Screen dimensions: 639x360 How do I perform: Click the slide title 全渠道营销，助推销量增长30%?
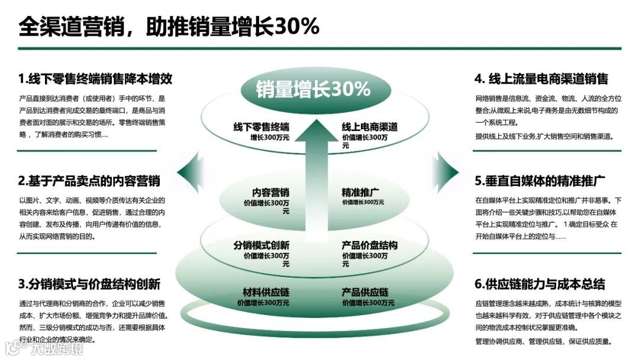coord(169,26)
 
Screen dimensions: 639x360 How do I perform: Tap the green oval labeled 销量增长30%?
coord(313,89)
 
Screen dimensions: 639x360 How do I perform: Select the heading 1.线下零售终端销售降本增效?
coord(95,79)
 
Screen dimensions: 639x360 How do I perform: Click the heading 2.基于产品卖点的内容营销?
coord(89,181)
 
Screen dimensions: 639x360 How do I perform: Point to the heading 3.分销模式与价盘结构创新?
coord(89,284)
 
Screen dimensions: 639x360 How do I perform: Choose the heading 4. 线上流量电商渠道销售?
coord(541,79)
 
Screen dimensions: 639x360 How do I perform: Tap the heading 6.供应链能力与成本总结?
coord(540,284)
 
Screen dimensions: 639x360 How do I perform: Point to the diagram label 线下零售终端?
coord(261,127)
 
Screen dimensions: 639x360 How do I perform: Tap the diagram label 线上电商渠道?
coord(369,127)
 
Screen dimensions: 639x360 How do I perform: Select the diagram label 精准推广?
coord(360,192)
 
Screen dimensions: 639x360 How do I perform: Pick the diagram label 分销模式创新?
coord(261,245)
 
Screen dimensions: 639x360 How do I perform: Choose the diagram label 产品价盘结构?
coord(369,245)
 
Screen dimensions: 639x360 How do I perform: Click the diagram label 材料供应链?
coord(266,292)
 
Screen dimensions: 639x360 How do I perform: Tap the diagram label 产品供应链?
coord(364,292)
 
